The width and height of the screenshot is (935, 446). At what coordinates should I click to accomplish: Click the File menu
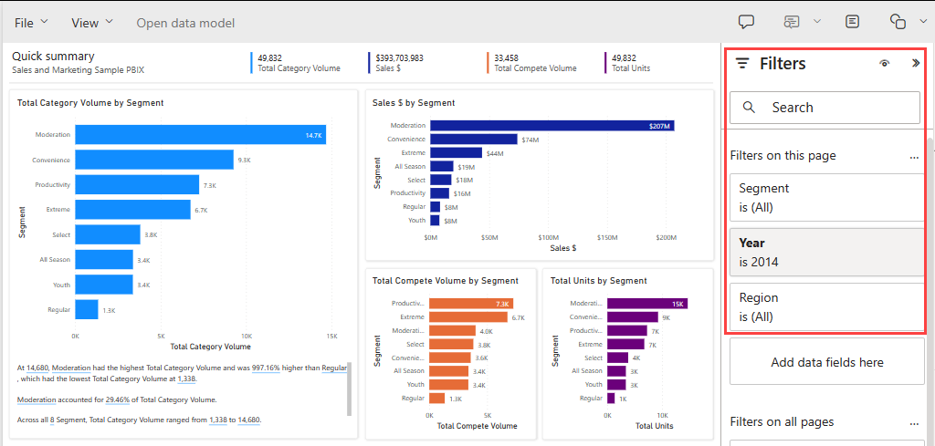(31, 22)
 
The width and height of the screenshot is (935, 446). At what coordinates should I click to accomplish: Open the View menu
(92, 22)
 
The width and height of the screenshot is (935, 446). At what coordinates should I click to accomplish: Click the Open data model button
(185, 23)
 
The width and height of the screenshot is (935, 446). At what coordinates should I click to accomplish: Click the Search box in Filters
(824, 108)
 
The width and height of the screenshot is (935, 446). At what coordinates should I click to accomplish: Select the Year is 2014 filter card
(825, 253)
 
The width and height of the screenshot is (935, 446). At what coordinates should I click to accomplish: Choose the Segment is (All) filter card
(825, 197)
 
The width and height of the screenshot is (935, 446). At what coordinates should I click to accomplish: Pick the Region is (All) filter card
(825, 307)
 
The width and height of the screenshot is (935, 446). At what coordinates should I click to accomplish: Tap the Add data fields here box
(826, 362)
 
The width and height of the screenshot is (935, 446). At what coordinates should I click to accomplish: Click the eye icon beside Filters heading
(884, 64)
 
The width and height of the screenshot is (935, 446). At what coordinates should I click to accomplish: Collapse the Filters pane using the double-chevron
(916, 64)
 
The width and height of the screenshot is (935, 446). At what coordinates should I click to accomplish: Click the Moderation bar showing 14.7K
(200, 135)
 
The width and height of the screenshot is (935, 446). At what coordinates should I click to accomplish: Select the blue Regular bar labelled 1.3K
(87, 310)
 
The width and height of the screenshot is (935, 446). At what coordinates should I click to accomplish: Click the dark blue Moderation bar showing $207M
(552, 126)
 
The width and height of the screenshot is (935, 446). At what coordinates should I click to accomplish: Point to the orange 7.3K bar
(470, 304)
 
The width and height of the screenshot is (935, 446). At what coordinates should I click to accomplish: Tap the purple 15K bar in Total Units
(646, 304)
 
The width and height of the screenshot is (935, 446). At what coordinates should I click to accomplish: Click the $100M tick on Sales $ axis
(548, 237)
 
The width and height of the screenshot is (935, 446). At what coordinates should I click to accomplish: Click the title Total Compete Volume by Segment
(445, 281)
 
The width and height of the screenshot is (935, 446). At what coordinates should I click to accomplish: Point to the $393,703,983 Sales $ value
(399, 57)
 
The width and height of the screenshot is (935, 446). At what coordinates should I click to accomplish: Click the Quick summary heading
(53, 56)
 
